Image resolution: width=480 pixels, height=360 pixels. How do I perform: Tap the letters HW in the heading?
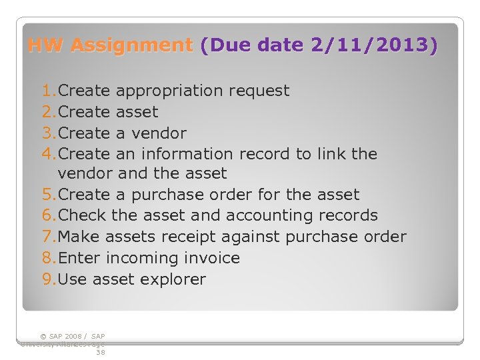pyautogui.click(x=46, y=45)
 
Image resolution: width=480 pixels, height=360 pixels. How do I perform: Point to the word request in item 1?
pyautogui.click(x=259, y=91)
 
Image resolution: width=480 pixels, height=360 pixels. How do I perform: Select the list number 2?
pyautogui.click(x=47, y=112)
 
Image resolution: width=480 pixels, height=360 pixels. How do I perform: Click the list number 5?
pyautogui.click(x=47, y=195)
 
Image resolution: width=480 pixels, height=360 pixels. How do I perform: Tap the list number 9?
pyautogui.click(x=47, y=279)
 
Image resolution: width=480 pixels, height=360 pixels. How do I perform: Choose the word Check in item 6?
pyautogui.click(x=83, y=216)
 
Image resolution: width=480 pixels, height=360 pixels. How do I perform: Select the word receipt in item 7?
pyautogui.click(x=254, y=237)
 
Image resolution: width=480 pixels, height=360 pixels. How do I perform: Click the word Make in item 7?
pyautogui.click(x=79, y=237)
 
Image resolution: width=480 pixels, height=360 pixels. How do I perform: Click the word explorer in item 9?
pyautogui.click(x=175, y=279)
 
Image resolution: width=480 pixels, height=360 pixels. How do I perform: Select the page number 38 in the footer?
pyautogui.click(x=100, y=352)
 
